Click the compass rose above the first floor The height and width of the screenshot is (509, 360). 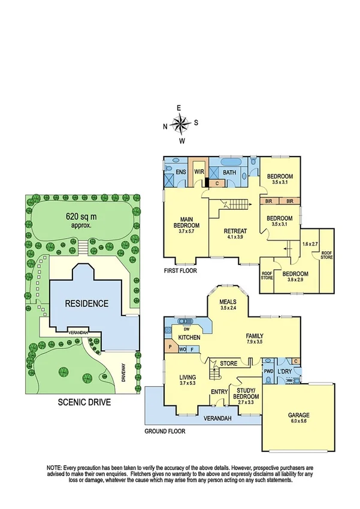(180, 124)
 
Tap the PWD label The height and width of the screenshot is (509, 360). (268, 372)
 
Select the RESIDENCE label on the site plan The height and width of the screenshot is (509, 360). (87, 303)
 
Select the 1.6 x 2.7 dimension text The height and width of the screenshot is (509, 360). (310, 245)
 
